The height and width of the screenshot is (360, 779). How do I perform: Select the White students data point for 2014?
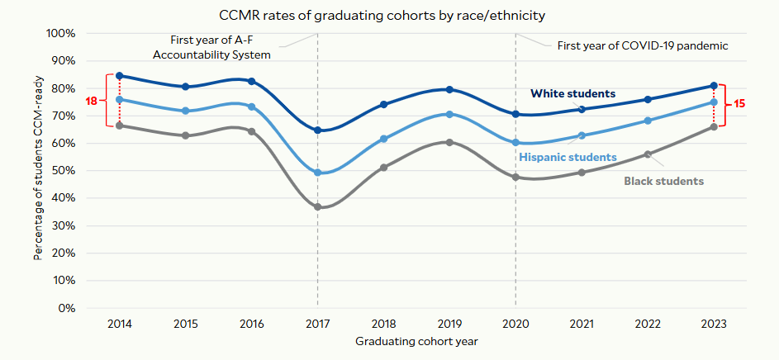pos(120,76)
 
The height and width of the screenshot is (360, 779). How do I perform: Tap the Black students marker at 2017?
pos(318,206)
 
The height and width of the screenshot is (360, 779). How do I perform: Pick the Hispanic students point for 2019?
pos(449,114)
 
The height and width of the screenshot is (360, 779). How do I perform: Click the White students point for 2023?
pos(714,86)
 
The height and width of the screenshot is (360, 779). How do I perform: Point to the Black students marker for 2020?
pos(515,177)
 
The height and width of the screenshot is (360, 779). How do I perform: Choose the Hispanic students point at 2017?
pos(318,173)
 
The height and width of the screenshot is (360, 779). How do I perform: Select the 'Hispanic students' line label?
pos(568,157)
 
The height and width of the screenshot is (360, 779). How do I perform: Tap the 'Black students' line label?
pos(663,181)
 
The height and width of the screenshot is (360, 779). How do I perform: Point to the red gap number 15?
pos(740,105)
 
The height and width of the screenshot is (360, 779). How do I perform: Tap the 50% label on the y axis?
pos(63,171)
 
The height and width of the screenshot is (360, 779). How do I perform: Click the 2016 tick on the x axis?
pos(252,324)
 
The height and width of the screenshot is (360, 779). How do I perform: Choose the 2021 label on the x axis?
pos(582,324)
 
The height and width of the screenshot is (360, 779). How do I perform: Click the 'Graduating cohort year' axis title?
pos(417,341)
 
